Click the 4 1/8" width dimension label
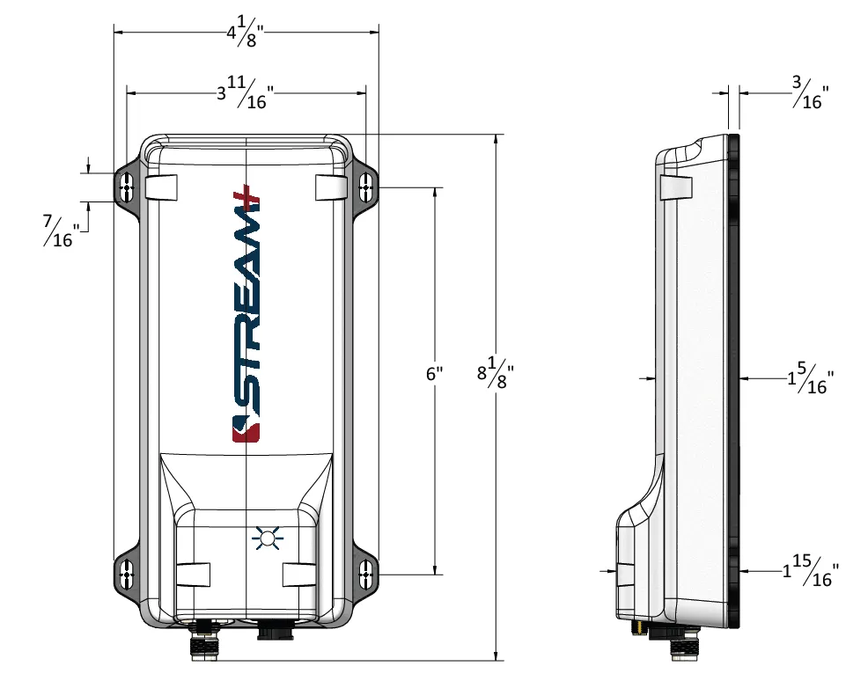coord(244,33)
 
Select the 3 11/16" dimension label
coord(245,93)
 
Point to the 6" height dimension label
coord(435,374)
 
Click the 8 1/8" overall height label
coord(496,372)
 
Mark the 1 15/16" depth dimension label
coord(811,570)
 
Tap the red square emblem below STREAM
coord(246,431)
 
